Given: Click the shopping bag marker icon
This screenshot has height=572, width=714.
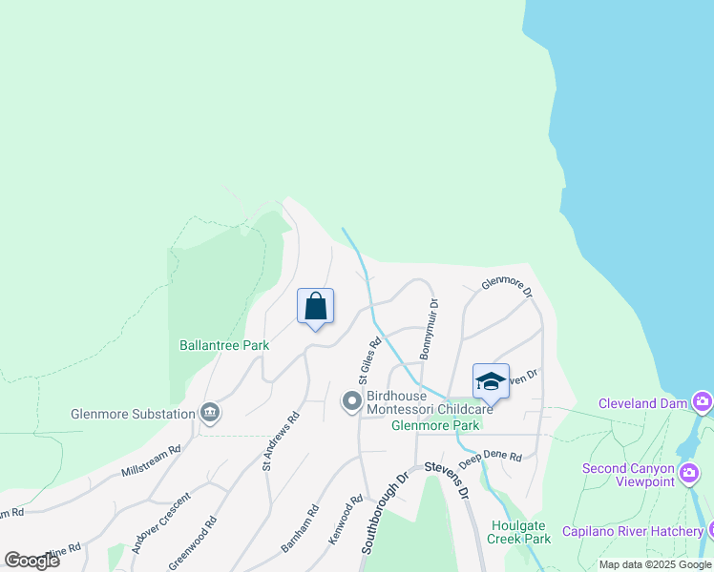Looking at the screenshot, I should point(316,307).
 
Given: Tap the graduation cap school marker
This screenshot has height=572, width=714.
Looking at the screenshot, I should point(491,381).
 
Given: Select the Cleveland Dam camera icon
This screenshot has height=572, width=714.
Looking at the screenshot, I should point(703,402).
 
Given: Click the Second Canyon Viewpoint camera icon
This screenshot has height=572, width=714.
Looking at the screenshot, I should point(689,472).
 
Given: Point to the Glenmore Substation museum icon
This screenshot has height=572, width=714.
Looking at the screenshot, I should point(210,414).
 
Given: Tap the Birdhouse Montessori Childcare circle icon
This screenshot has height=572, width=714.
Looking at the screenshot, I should point(351,401).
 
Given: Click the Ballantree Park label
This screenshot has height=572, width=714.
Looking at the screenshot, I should point(224,346).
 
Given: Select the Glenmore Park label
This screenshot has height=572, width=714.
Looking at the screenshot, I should point(434,425).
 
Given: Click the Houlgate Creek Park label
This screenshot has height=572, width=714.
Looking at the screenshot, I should point(521,532).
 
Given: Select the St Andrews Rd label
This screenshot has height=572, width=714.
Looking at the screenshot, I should point(282,440).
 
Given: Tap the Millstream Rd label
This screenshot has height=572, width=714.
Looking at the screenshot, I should point(151,461).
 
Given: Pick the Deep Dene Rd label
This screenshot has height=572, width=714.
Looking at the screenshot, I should point(490,459).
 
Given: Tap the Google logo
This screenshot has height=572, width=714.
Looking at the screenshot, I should point(31,560).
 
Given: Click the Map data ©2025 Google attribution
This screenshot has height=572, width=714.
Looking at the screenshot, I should point(655,564).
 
